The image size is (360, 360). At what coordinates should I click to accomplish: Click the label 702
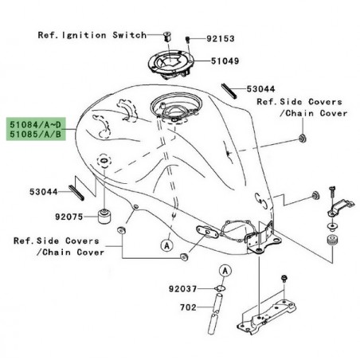(x=187, y=307)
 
